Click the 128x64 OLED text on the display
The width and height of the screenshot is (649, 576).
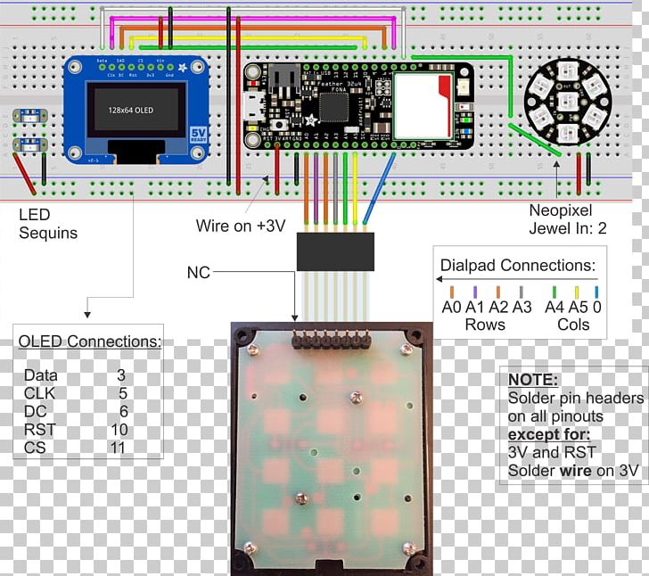[131, 109]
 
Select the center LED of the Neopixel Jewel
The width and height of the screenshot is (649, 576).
[566, 98]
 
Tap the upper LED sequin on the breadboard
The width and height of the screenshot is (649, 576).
[29, 116]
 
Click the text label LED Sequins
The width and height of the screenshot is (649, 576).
[47, 224]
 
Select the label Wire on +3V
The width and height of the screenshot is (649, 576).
[241, 226]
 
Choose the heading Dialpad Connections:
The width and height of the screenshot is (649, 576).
[518, 265]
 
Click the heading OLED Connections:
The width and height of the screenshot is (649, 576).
[90, 341]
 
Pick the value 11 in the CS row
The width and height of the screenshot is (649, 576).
[119, 447]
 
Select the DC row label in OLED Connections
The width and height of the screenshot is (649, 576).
[34, 411]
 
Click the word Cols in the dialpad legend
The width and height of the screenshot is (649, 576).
[573, 325]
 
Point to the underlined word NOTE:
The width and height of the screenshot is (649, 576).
[532, 379]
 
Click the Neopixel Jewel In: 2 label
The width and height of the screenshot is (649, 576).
[567, 220]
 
